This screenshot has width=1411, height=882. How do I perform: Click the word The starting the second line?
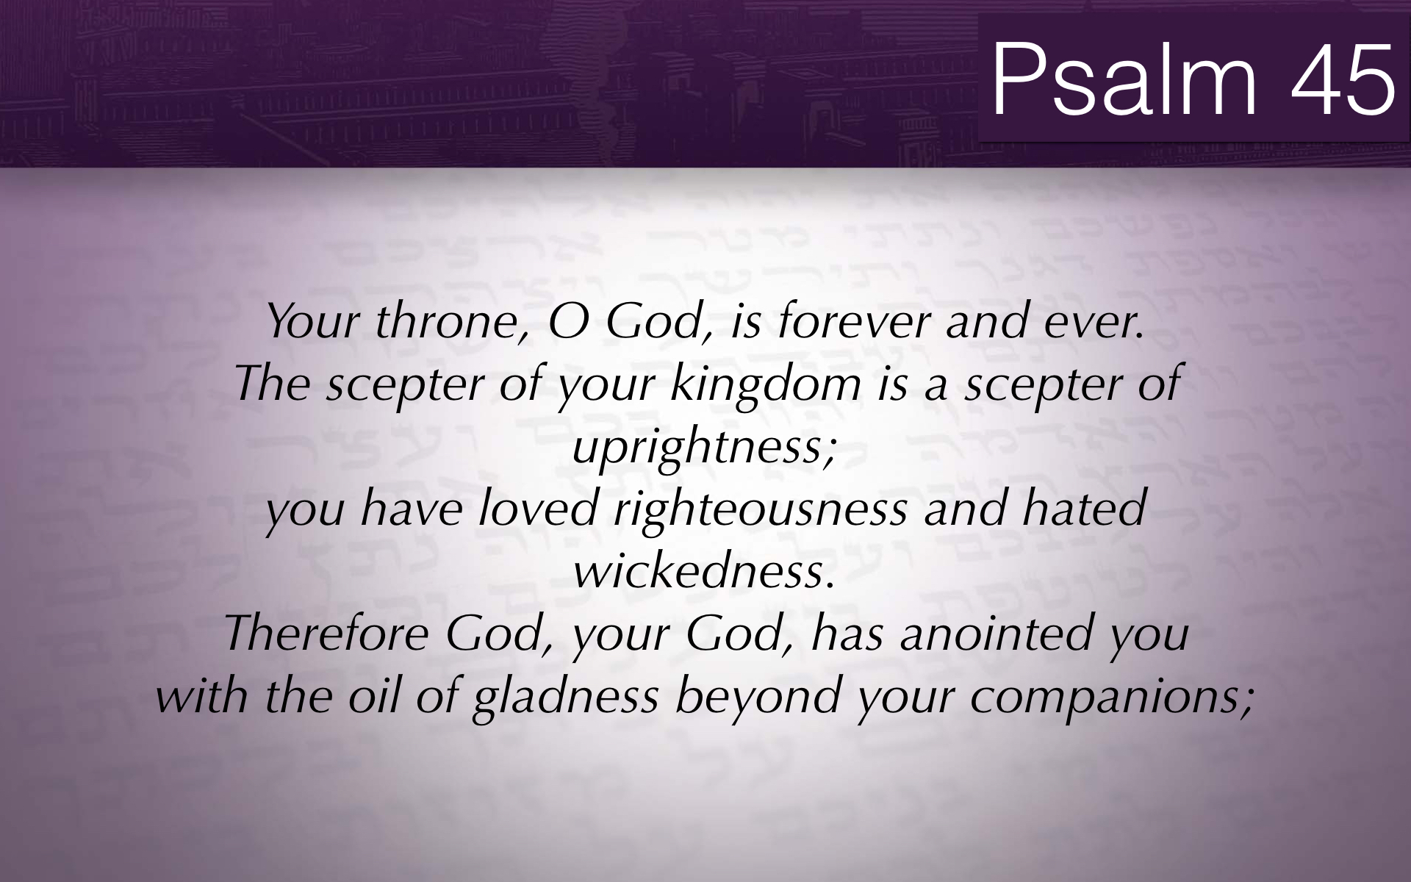click(x=273, y=384)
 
